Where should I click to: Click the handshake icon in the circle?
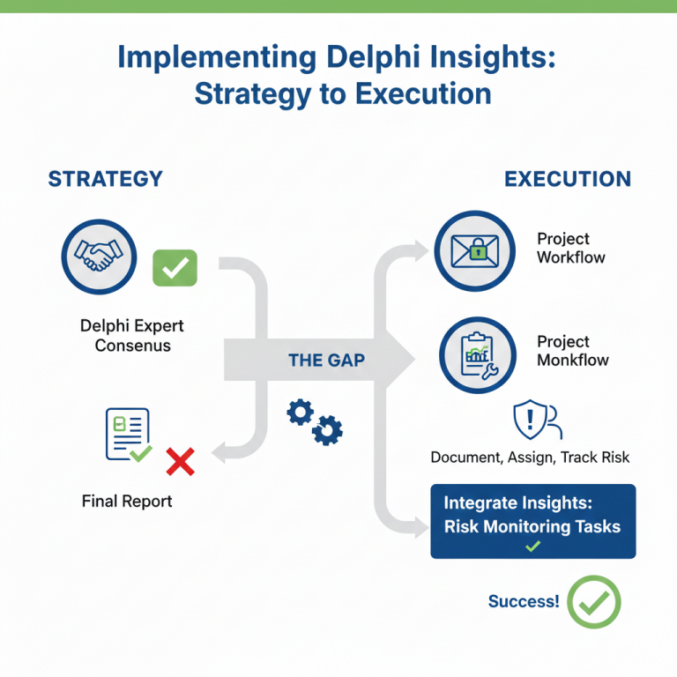tap(99, 257)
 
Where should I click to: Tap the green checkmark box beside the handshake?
tap(175, 267)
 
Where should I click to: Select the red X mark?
tap(180, 461)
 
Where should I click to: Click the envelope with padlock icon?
tap(474, 252)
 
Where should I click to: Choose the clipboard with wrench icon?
tap(475, 355)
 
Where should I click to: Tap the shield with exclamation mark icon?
tap(529, 420)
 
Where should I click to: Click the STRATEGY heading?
tap(106, 179)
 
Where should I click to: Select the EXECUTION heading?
tap(568, 179)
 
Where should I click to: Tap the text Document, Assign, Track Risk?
tap(530, 458)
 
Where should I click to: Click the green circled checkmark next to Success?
tap(594, 602)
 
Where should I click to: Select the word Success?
tap(524, 602)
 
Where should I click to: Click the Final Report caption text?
tap(127, 501)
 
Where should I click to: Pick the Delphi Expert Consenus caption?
tap(132, 336)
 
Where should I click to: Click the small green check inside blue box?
tap(532, 547)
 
